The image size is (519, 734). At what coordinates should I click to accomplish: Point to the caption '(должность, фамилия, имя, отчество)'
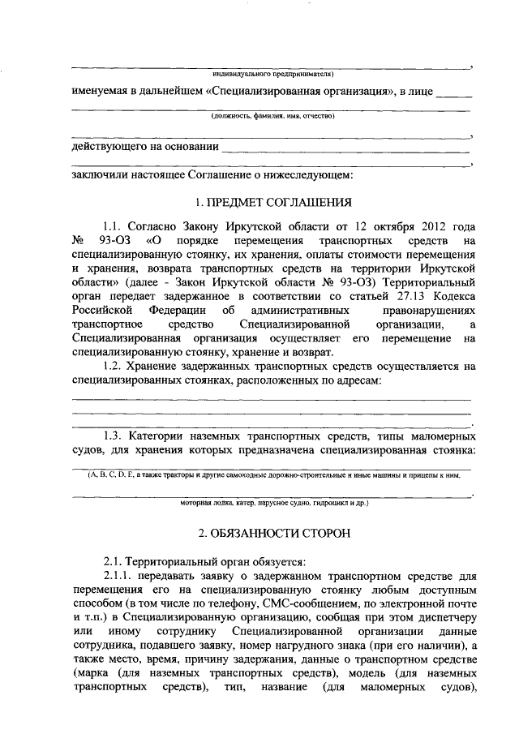268,117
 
